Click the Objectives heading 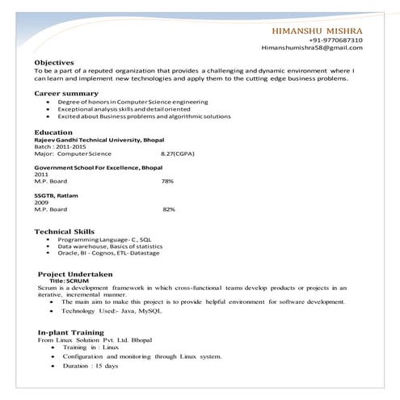[x=54, y=62]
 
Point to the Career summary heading [x=66, y=94]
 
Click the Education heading [x=53, y=132]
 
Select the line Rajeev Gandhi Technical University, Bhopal [x=99, y=139]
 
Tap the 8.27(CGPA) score [x=178, y=153]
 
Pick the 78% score [x=167, y=181]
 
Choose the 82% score [x=169, y=209]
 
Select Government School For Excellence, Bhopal [x=98, y=167]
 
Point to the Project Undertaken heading [x=75, y=274]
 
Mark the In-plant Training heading [x=71, y=332]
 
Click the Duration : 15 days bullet [x=90, y=366]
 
